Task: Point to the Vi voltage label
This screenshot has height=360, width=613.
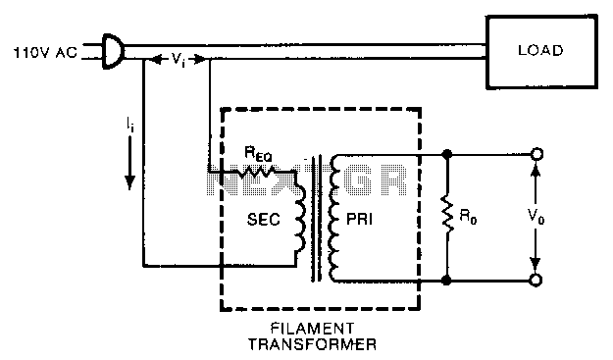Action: (176, 59)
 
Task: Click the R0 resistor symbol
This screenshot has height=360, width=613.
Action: (447, 218)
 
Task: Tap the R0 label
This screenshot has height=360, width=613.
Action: (472, 218)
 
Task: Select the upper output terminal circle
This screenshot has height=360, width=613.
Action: (536, 154)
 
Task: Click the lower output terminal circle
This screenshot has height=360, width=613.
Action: (536, 281)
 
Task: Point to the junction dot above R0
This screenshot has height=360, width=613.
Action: (447, 154)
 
